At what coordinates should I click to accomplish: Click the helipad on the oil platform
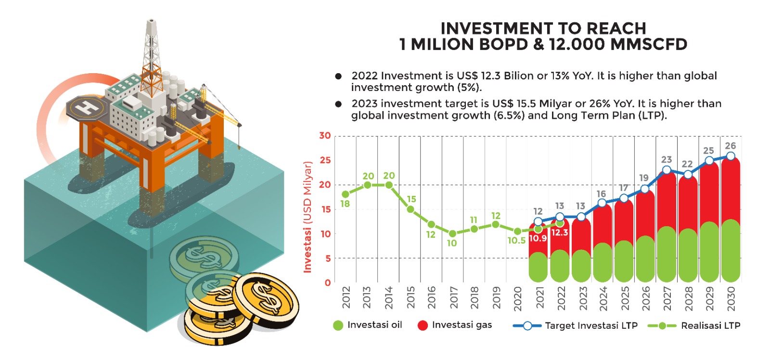coord(87,107)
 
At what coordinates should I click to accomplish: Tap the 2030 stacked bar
coord(731,219)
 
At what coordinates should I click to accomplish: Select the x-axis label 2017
coord(453,297)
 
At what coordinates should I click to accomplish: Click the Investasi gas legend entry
coord(455,325)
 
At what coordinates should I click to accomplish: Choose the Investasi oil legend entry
coord(368,325)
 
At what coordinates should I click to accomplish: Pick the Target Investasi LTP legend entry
coord(576,326)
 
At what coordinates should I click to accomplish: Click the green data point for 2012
coord(346,194)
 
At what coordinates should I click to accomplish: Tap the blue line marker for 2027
coord(667,170)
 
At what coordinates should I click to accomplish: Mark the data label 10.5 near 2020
coord(516,241)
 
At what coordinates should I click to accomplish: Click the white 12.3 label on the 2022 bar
coord(560,232)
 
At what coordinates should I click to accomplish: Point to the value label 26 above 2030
coord(730,146)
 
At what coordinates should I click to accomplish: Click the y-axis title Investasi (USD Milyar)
coord(308,217)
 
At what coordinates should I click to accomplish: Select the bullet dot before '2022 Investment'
coord(338,76)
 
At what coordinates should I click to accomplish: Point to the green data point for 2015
coord(411,209)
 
